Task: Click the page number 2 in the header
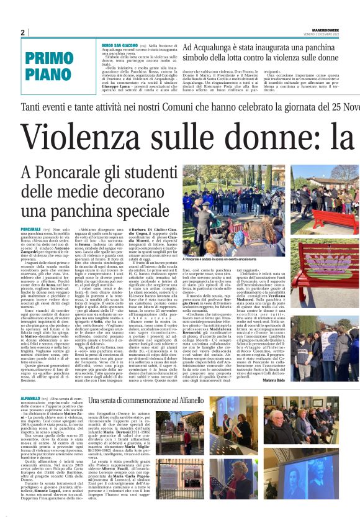coord(22,32)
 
